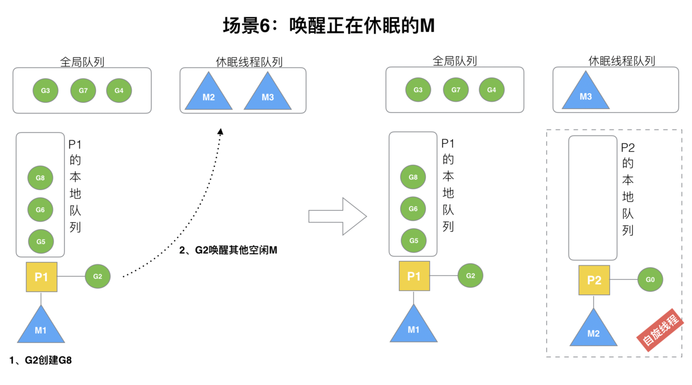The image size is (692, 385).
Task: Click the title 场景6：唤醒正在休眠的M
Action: click(x=328, y=25)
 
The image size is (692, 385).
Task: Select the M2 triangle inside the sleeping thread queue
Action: click(x=209, y=94)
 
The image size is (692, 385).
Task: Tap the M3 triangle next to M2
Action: click(x=268, y=94)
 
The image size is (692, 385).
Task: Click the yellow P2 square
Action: click(x=594, y=280)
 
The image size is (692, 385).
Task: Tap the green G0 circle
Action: click(x=650, y=279)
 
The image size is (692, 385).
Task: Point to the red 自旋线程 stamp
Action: click(x=661, y=330)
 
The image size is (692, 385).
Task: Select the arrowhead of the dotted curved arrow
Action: click(x=220, y=132)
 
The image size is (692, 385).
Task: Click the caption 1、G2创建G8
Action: click(x=41, y=360)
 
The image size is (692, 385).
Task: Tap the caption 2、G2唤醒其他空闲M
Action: click(x=228, y=250)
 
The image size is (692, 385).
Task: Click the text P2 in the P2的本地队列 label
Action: click(x=628, y=148)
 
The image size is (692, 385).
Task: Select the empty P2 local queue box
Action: click(x=593, y=198)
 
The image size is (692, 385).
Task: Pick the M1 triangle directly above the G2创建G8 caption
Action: click(x=41, y=327)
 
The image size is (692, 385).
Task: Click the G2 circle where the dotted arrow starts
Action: click(x=98, y=276)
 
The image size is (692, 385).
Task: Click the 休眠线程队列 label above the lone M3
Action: click(x=622, y=61)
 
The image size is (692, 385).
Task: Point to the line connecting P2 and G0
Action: click(x=623, y=279)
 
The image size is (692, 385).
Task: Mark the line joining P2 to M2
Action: click(x=594, y=301)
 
